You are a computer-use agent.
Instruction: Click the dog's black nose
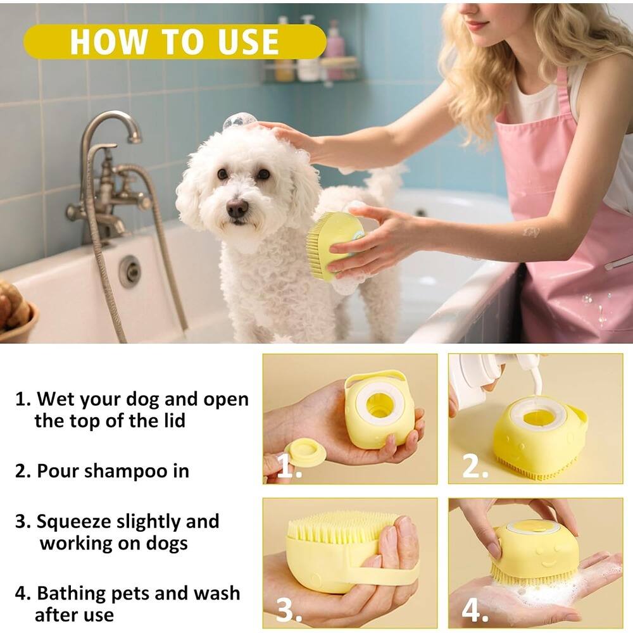click(x=237, y=208)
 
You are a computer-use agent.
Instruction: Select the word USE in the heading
click(x=245, y=42)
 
